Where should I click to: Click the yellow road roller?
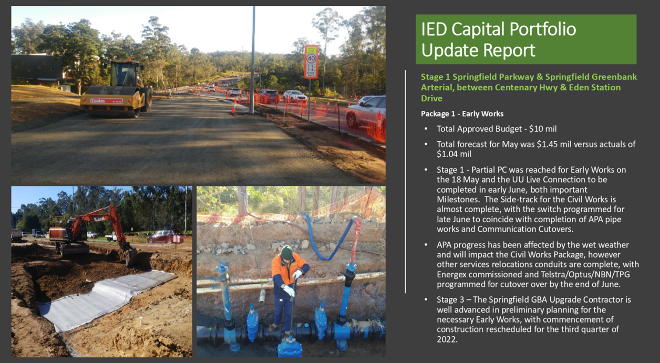[x=116, y=88]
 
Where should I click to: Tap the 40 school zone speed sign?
[x=311, y=61]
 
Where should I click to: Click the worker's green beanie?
[x=286, y=253]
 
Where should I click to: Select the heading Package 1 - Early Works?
[x=462, y=113]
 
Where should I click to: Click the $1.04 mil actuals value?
[x=454, y=154]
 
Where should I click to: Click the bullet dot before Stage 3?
[x=426, y=299]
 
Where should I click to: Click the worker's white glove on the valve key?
[x=290, y=291]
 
